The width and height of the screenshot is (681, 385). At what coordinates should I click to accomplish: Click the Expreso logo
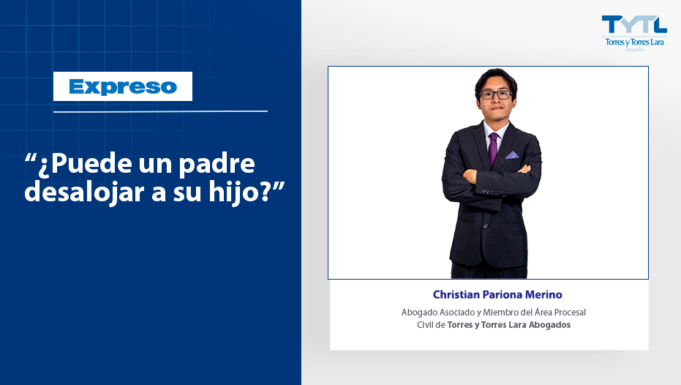pos(123,86)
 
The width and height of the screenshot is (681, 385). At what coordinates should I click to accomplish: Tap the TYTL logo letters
pos(634,24)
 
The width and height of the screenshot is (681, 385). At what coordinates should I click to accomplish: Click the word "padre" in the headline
pos(217,164)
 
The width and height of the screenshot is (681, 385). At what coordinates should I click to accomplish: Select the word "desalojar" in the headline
pos(85,192)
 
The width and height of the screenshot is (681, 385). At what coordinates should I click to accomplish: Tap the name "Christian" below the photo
pos(456,295)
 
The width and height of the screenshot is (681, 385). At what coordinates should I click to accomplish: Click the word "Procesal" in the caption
pos(570,313)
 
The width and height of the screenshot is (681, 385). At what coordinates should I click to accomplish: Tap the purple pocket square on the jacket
pos(511,154)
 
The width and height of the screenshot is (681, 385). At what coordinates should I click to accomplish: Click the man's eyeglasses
pos(496,94)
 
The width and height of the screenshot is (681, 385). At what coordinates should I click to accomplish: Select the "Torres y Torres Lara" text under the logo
pos(634,42)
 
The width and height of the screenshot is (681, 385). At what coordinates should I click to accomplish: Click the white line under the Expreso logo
pos(160,112)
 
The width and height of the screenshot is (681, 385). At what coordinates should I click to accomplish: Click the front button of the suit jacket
pos(486,226)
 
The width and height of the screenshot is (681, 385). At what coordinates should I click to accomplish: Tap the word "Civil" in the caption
pos(425,325)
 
